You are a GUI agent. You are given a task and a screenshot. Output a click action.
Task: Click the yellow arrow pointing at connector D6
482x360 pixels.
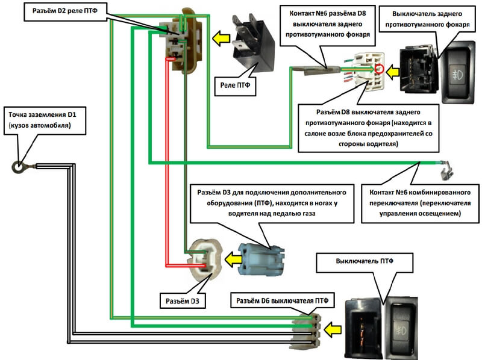tap(332, 329)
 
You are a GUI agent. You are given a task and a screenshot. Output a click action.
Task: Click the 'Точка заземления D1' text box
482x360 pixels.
tap(42, 119)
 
